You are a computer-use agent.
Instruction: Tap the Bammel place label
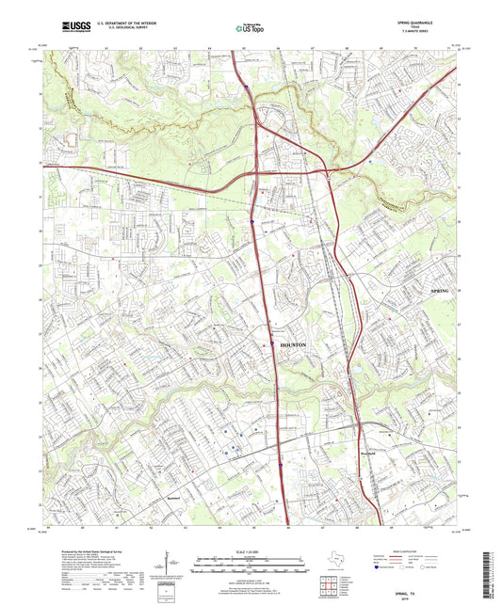pos(171,496)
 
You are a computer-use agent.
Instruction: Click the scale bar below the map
pos(251,566)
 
